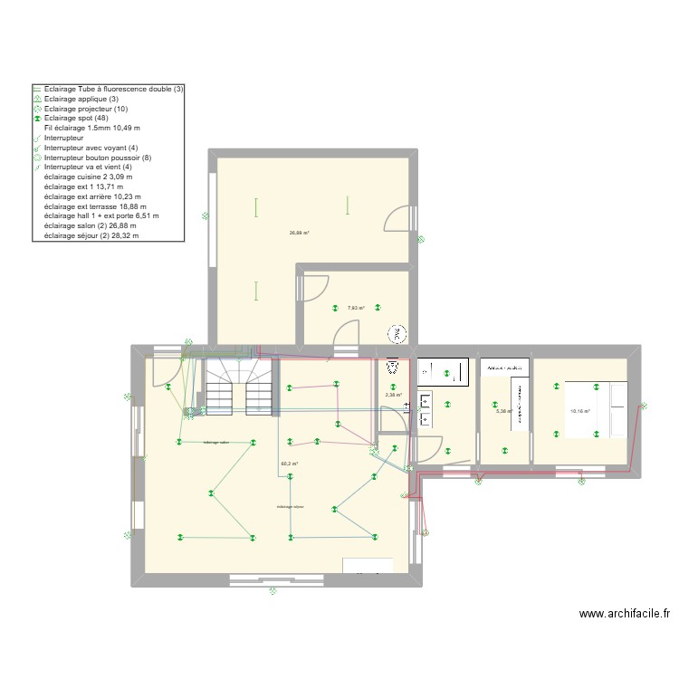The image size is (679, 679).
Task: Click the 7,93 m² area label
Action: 356,308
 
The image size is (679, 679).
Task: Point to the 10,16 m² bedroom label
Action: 579,411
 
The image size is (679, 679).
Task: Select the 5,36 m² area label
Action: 504,411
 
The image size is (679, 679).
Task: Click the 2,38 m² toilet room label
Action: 393,395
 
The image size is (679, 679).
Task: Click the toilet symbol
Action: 393,368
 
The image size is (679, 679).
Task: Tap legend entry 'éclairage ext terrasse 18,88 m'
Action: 100,206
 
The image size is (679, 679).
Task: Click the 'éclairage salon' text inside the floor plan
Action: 216,443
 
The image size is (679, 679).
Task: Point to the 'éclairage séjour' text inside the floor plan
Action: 292,507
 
